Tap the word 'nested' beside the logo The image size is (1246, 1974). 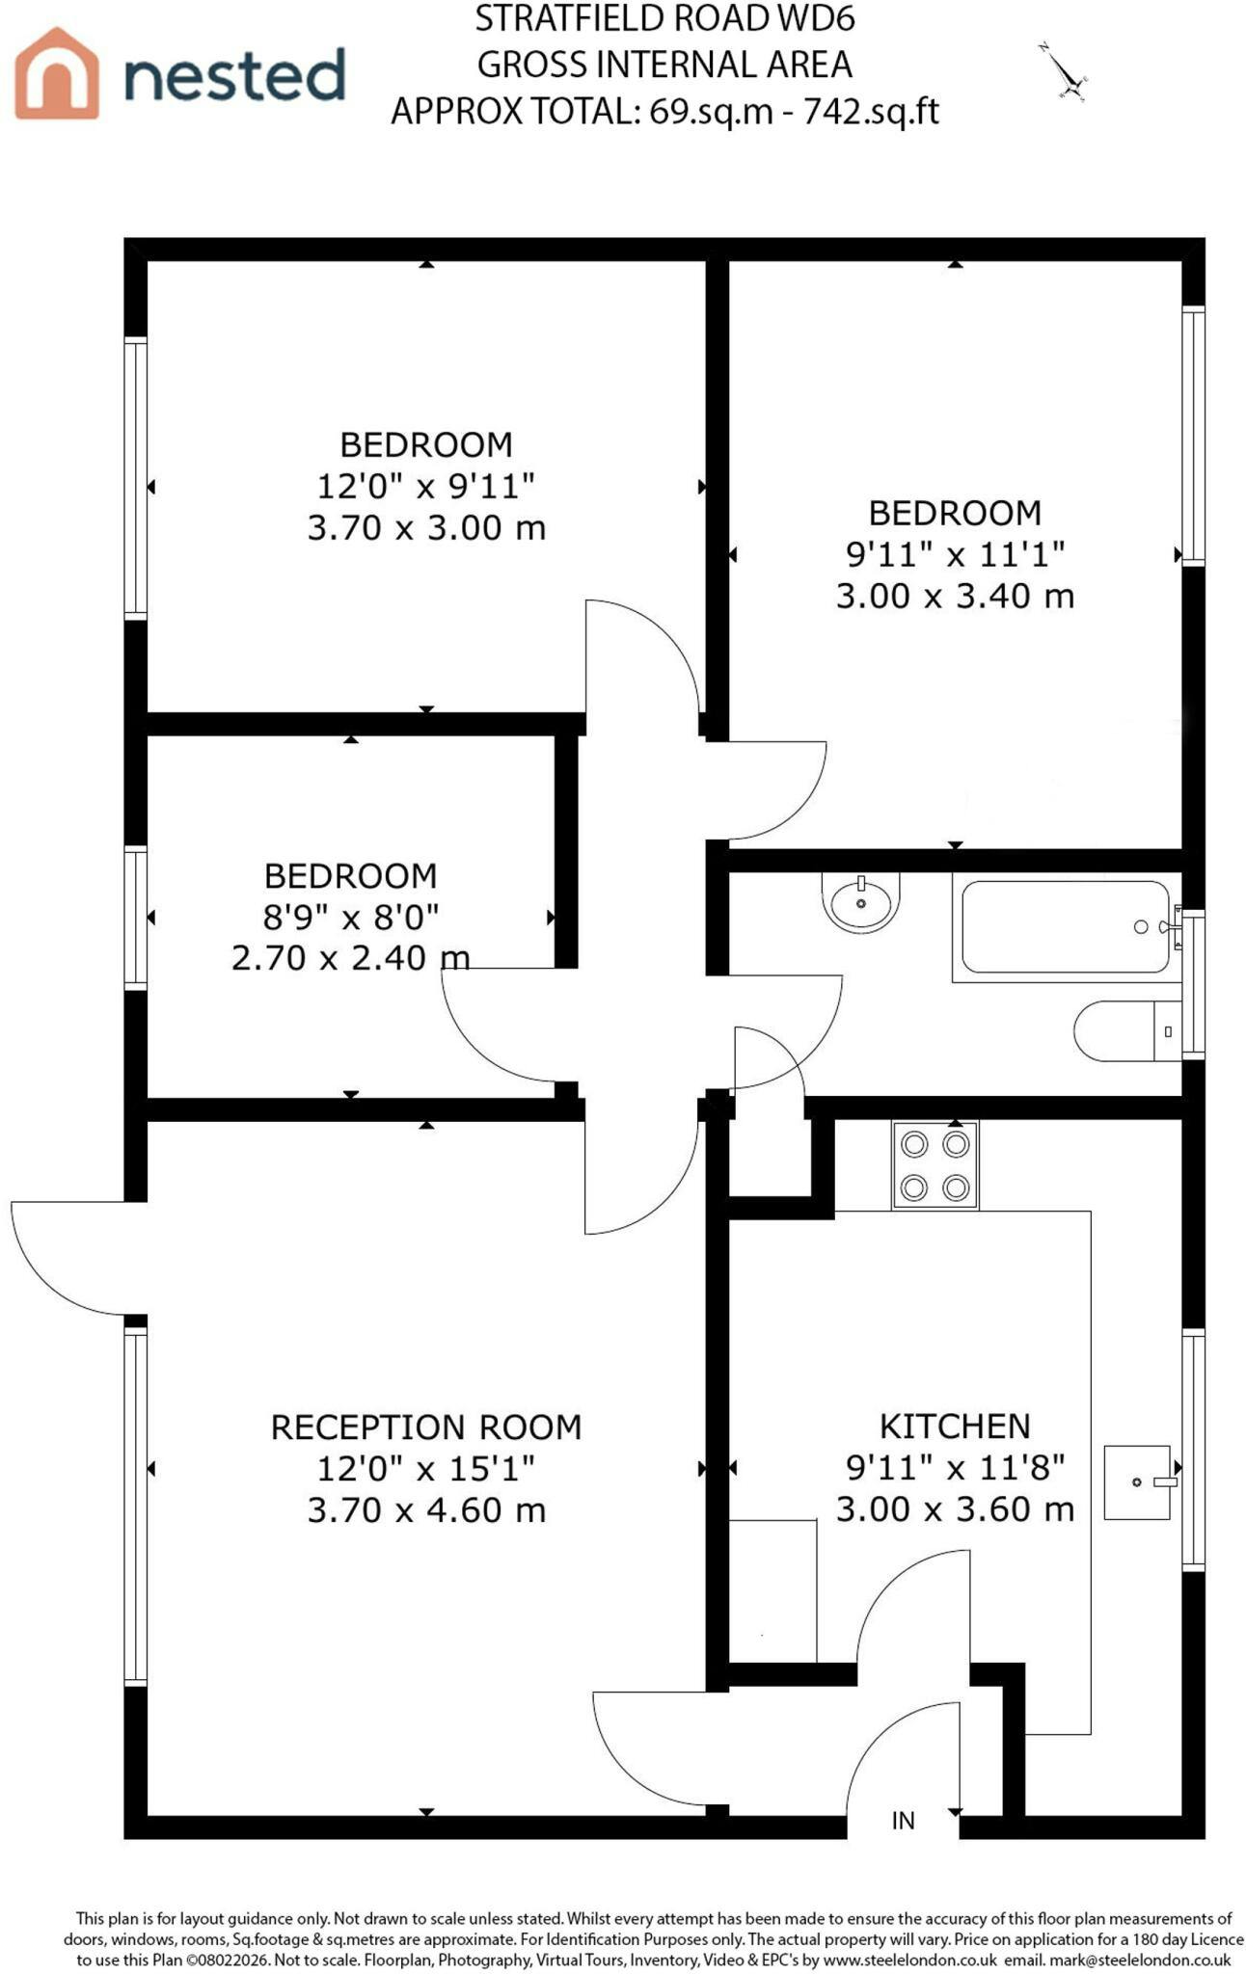pos(234,75)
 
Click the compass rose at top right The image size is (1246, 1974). pos(1064,73)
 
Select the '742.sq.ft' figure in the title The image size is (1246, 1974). pos(871,112)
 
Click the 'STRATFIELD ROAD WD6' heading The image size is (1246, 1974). pos(665,18)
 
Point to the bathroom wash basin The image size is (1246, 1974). pos(860,902)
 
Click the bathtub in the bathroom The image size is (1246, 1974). pos(1066,927)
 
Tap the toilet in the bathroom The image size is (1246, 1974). pos(1127,1030)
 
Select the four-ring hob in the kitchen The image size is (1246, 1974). pos(934,1164)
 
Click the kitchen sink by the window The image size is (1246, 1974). pos(1140,1481)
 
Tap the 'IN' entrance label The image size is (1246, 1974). pos(903,1820)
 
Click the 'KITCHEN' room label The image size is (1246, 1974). pos(955,1426)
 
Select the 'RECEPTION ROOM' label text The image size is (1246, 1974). pos(426,1427)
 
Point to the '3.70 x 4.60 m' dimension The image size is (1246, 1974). pos(426,1509)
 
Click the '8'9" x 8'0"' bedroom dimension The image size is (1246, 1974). pos(351,917)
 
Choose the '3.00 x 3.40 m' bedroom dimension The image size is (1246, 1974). pos(955,595)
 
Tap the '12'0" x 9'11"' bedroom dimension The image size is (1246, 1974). pos(426,486)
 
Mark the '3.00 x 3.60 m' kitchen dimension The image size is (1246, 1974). pos(955,1508)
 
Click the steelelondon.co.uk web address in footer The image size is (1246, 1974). pos(909,1960)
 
